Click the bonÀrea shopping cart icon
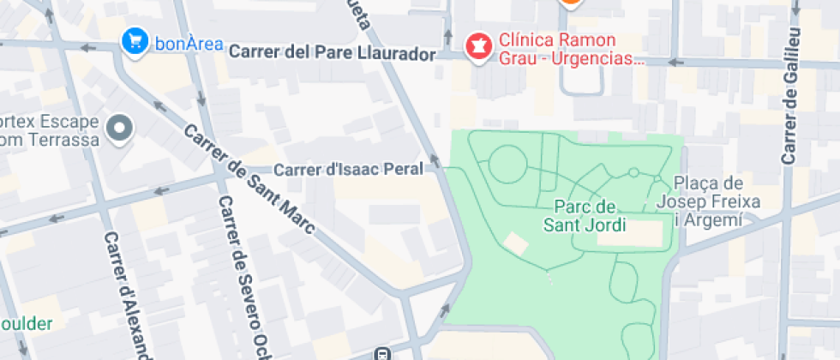[135, 40]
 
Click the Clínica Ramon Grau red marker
[477, 45]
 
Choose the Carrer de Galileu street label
[790, 94]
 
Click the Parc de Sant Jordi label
[585, 216]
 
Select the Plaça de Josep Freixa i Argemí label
[708, 201]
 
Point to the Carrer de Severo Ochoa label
[243, 274]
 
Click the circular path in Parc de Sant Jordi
[507, 163]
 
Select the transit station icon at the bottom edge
[386, 353]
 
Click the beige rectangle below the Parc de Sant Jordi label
[631, 233]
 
